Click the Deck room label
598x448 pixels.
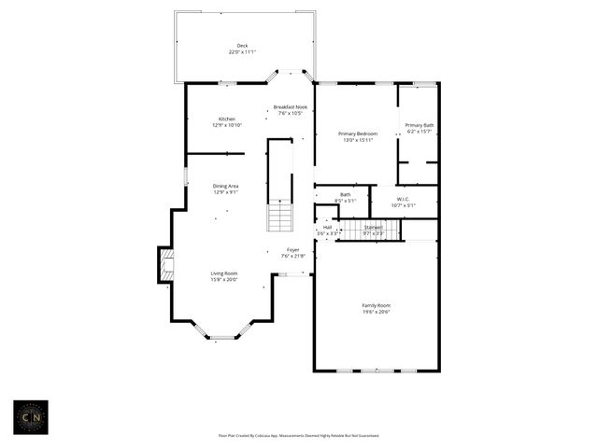click(x=242, y=46)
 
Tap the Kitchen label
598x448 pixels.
click(x=227, y=119)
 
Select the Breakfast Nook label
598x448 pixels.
click(x=290, y=107)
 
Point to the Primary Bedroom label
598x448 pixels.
click(x=356, y=133)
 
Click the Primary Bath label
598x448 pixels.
click(x=419, y=125)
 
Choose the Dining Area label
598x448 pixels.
click(x=226, y=186)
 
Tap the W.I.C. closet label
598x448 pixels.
click(x=404, y=198)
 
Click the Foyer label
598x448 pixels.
click(x=292, y=249)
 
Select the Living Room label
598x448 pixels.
click(x=224, y=273)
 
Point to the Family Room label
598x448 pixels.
click(x=377, y=305)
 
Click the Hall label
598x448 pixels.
click(x=327, y=227)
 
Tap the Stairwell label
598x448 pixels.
click(x=373, y=227)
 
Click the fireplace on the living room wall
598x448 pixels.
click(x=164, y=264)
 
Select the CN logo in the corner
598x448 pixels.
click(x=30, y=416)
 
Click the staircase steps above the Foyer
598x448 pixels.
click(x=280, y=218)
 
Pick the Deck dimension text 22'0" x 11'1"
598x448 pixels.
click(x=242, y=52)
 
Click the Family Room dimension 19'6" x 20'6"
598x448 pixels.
click(x=377, y=312)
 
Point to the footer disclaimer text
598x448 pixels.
click(x=299, y=435)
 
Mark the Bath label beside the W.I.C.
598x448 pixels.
click(x=346, y=194)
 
